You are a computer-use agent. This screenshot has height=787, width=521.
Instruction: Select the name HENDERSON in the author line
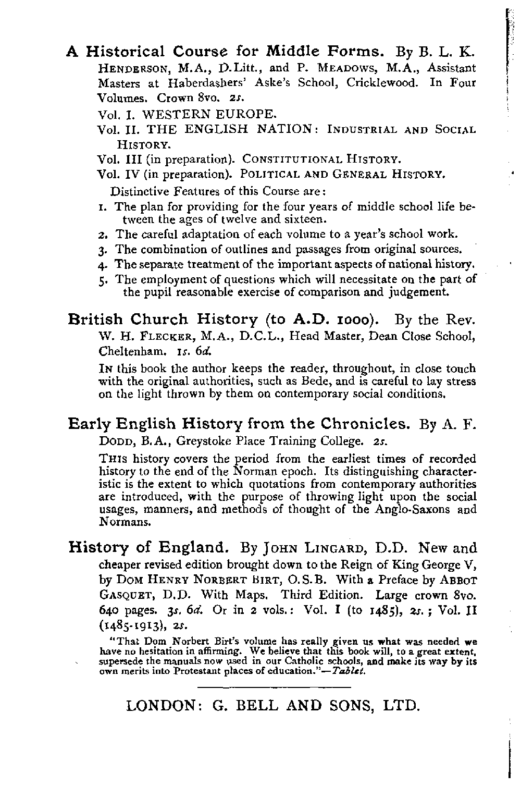[x=123, y=68]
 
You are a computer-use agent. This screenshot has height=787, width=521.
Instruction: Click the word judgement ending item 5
[x=418, y=292]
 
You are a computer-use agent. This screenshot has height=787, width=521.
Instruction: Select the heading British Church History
[x=163, y=319]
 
